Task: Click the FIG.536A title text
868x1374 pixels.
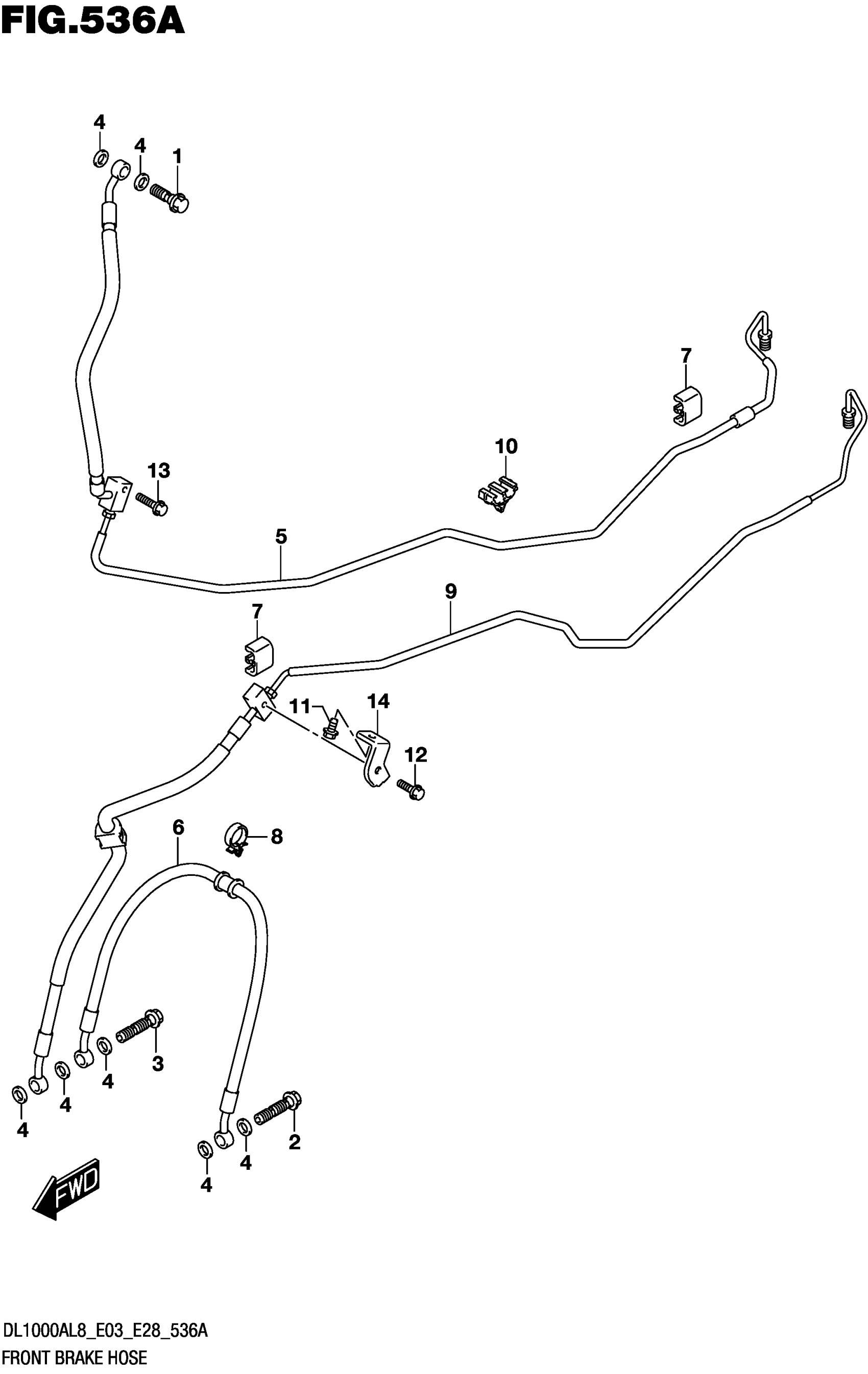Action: click(92, 21)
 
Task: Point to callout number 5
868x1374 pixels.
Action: click(281, 536)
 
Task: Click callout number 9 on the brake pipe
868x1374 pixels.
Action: click(451, 591)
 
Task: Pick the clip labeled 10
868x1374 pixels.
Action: click(498, 493)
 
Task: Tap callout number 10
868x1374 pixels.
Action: click(506, 446)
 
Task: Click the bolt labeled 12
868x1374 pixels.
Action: click(412, 790)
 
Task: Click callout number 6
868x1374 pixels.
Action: click(178, 827)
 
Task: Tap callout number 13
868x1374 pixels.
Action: click(159, 471)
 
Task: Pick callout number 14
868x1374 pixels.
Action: click(378, 701)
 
